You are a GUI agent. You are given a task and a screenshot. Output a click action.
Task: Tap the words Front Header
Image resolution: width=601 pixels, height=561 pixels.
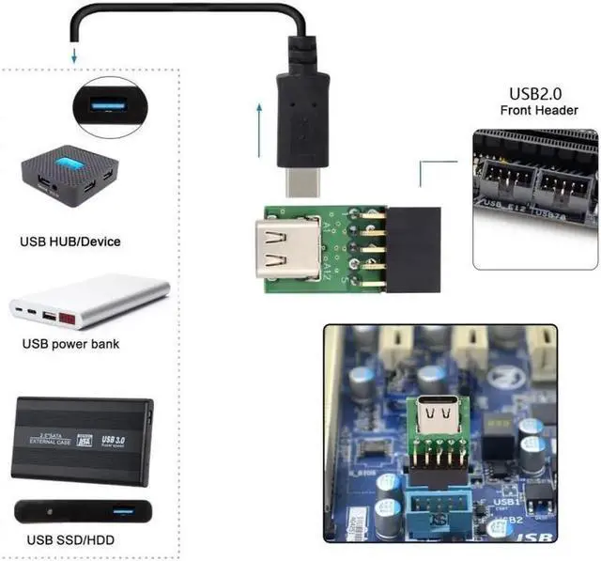point(540,112)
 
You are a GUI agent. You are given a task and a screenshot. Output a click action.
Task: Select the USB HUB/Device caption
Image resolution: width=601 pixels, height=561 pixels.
point(70,242)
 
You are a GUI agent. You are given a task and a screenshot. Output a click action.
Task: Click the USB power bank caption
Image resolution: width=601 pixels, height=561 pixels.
point(70,344)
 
